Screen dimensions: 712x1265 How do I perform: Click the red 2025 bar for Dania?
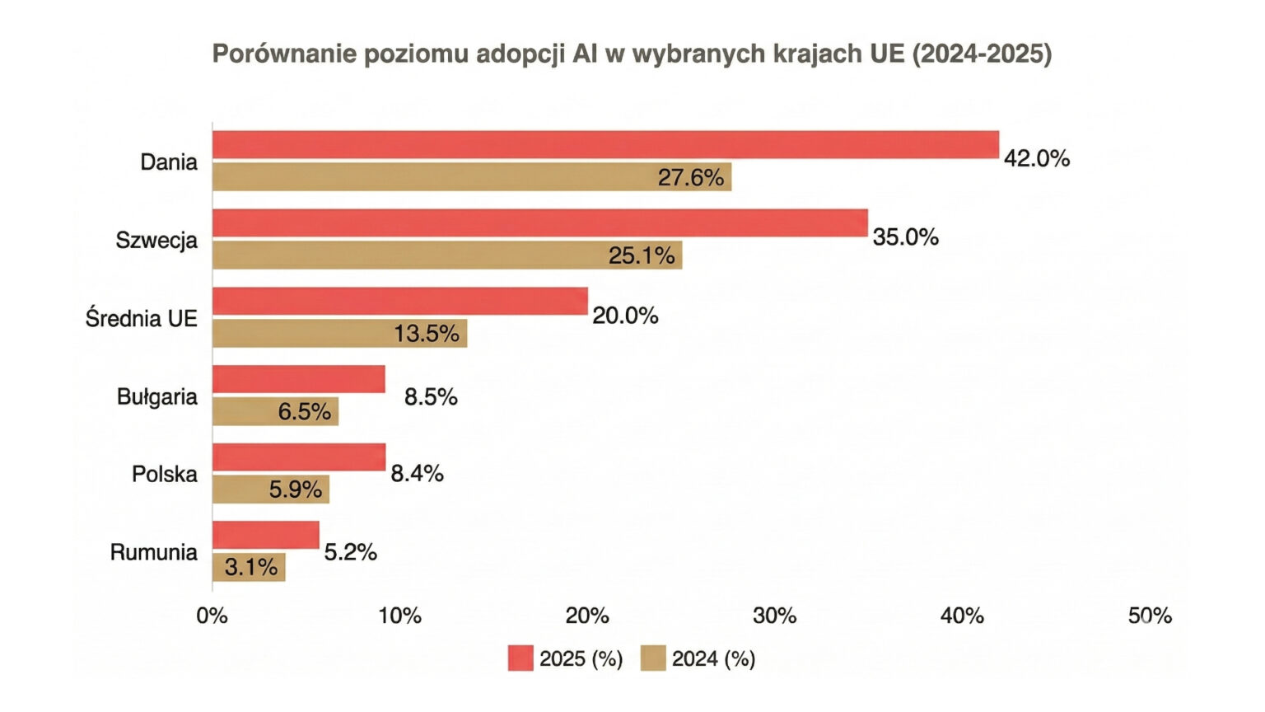click(605, 145)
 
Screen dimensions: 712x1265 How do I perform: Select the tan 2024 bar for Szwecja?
click(447, 255)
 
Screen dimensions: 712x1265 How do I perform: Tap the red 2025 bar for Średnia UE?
click(400, 302)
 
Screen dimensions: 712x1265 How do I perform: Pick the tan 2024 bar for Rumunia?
click(249, 568)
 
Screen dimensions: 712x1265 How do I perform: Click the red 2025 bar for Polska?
click(299, 457)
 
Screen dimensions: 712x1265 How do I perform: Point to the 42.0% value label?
click(1037, 158)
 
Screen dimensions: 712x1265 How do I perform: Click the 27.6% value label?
click(690, 177)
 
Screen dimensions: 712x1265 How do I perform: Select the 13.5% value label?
click(426, 334)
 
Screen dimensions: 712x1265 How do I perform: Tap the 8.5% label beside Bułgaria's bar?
click(431, 396)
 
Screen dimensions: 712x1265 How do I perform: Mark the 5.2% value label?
click(350, 552)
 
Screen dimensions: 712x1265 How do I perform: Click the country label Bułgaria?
click(157, 396)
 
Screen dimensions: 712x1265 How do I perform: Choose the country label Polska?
click(165, 474)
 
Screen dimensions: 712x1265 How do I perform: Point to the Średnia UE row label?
click(142, 318)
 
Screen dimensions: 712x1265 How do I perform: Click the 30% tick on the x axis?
click(775, 616)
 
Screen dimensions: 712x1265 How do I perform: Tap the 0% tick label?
click(212, 616)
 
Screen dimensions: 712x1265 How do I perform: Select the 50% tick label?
click(1150, 616)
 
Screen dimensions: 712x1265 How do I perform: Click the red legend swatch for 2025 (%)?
click(520, 658)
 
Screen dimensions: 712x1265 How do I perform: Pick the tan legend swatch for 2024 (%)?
click(653, 658)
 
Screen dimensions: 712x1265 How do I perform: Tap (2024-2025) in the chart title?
click(982, 54)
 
